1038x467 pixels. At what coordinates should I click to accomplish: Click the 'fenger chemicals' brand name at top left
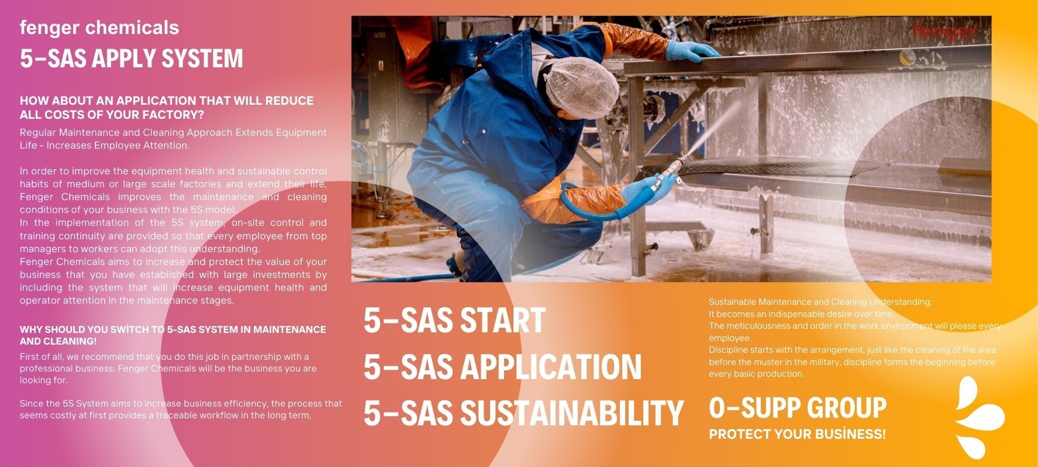click(99, 28)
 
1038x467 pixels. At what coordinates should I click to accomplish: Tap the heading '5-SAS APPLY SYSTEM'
click(131, 59)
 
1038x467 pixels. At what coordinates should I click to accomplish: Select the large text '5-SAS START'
click(454, 320)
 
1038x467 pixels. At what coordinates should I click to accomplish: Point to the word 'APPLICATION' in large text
click(551, 367)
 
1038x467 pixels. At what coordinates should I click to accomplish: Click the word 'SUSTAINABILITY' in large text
click(572, 413)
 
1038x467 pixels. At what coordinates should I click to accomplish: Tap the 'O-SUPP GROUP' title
click(798, 407)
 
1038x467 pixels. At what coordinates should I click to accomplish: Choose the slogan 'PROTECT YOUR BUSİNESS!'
click(797, 434)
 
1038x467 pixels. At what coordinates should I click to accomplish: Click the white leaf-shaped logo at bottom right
click(979, 417)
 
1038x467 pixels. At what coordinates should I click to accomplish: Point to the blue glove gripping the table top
click(690, 51)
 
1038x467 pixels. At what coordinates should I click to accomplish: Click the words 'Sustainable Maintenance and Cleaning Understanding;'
click(820, 302)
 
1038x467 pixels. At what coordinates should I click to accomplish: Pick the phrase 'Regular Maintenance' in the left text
click(70, 133)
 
